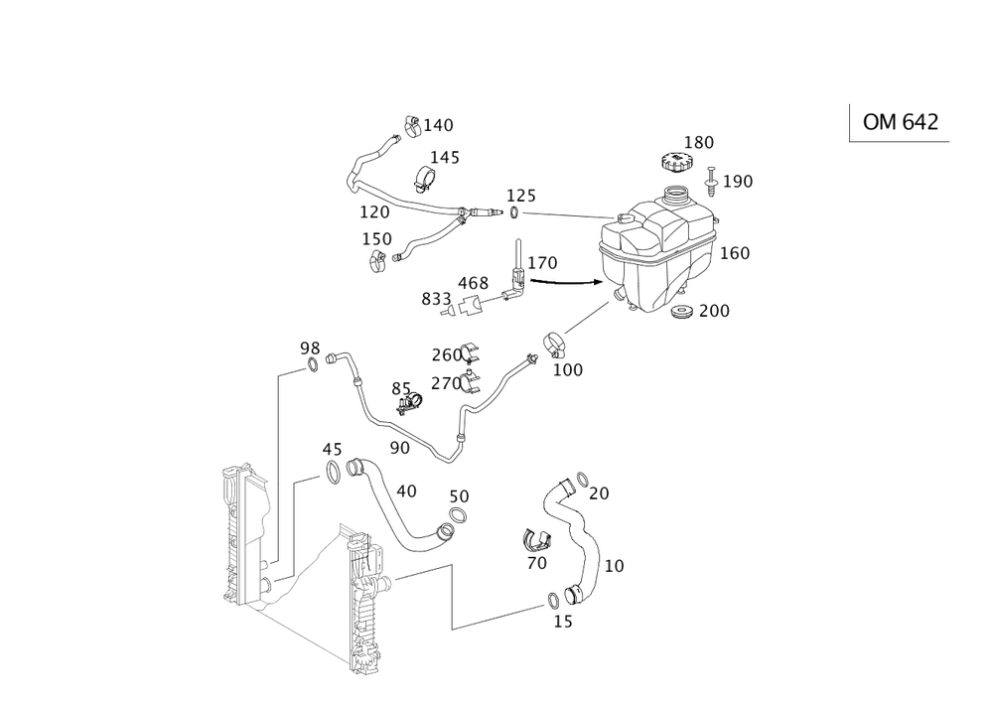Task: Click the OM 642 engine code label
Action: [900, 122]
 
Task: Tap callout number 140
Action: [438, 126]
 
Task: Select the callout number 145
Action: [444, 157]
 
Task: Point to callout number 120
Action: [373, 212]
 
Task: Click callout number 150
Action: [376, 239]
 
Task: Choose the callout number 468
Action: [478, 284]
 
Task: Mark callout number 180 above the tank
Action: [699, 143]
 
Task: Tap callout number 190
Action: [739, 181]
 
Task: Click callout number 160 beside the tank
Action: [736, 253]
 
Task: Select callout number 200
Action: [714, 312]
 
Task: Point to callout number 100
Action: [569, 368]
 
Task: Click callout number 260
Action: [447, 354]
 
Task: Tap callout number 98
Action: [309, 348]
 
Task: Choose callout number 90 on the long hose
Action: [399, 448]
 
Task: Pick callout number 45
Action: [332, 450]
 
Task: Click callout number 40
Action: [405, 491]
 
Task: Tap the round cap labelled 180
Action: [676, 160]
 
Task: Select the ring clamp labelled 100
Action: [553, 346]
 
